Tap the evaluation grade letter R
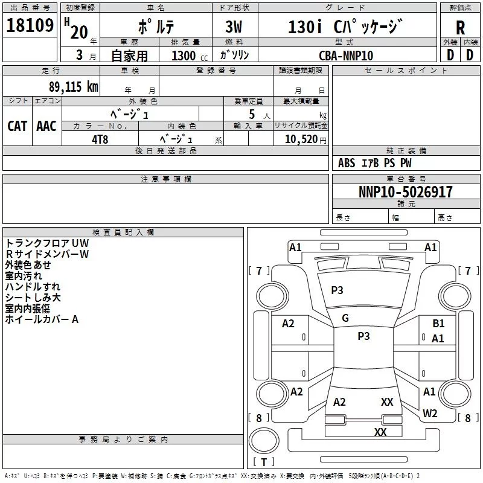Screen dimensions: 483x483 point(460,27)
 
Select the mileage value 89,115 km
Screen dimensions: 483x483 point(73,86)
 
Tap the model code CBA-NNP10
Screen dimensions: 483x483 point(346,56)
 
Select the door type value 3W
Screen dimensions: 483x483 point(235,27)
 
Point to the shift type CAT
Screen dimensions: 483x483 point(17,126)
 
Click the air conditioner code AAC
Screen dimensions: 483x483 point(46,126)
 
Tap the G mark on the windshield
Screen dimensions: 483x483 point(345,318)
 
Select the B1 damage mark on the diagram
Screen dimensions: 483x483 point(438,324)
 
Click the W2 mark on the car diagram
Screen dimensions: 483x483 point(430,414)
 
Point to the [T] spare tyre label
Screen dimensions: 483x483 point(263,462)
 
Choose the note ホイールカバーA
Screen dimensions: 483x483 point(42,319)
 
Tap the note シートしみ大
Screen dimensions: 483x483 point(33,298)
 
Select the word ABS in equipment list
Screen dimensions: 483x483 point(347,163)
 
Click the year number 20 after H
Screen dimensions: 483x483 point(78,31)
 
